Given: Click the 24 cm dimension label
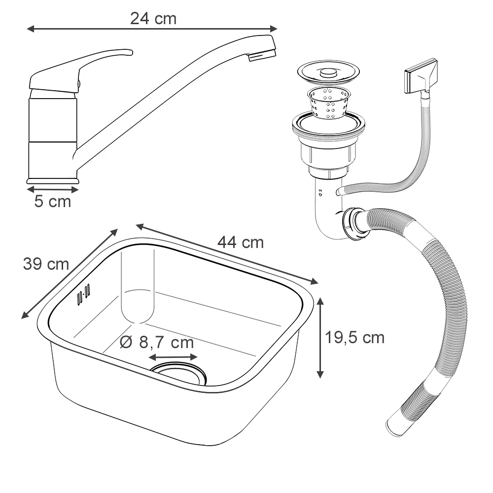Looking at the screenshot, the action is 153,19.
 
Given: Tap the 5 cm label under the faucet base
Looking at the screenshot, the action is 53,201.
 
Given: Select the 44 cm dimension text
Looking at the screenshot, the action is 241,243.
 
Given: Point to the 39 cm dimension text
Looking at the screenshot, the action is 46,264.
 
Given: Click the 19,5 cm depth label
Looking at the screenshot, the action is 354,338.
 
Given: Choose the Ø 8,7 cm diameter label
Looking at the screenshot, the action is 157,343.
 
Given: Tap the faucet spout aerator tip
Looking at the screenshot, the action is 262,56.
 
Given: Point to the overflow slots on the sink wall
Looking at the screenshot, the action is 83,294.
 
